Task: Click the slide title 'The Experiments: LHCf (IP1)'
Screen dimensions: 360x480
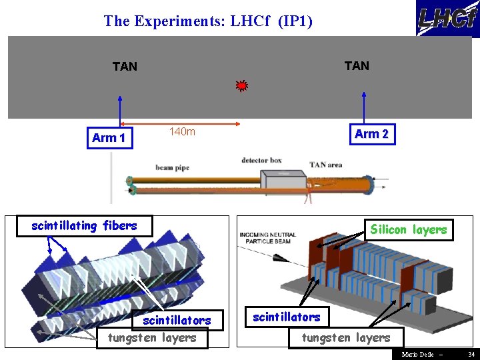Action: coord(208,21)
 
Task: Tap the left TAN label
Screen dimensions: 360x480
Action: coord(125,67)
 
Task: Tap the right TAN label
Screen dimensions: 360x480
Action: coord(357,65)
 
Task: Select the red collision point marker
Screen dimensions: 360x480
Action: coord(241,85)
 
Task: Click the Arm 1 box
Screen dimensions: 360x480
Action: coord(109,138)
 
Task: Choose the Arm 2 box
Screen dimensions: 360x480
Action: coord(371,134)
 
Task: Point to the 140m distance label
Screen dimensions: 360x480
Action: coord(182,132)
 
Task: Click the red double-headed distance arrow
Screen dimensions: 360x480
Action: coord(180,124)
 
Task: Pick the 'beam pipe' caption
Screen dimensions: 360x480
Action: coord(173,168)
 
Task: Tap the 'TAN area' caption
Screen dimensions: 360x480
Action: coord(326,164)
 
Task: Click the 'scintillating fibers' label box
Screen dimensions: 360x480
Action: coord(84,226)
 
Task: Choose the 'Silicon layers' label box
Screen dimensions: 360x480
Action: coord(409,230)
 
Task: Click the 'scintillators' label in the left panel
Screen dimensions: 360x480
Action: coord(177,321)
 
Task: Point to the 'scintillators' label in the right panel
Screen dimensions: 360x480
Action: coord(287,317)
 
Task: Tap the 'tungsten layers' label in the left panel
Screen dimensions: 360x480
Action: coord(152,338)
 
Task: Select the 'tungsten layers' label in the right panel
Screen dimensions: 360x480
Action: coord(346,338)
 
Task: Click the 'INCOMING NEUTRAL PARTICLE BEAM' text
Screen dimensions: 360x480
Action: coord(267,237)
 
